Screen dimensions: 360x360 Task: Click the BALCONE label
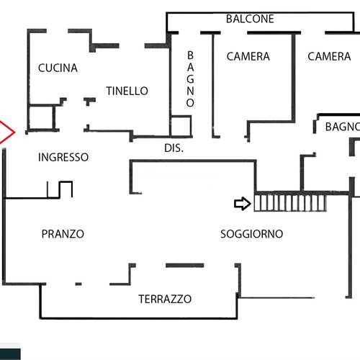250,19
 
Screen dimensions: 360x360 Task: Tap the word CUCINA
58,68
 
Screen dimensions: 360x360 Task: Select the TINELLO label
127,91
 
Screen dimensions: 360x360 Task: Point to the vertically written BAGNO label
190,79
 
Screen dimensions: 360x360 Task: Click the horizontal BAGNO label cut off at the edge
343,127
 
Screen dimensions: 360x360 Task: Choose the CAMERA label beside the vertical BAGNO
248,56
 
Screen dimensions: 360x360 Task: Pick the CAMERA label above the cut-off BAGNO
329,56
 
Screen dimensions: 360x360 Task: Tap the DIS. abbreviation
174,148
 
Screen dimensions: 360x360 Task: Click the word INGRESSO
63,157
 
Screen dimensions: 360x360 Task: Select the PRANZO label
63,234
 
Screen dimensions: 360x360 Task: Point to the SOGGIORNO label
251,234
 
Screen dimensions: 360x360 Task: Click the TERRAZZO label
165,299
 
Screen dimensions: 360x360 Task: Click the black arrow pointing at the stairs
243,204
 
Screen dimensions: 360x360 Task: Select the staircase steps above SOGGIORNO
290,203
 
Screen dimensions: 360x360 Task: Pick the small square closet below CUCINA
41,117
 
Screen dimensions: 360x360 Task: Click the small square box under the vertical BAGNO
181,126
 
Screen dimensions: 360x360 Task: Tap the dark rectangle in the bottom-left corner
10,354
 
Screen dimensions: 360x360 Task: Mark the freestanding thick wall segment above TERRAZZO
185,266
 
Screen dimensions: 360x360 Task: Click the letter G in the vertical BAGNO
190,79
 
